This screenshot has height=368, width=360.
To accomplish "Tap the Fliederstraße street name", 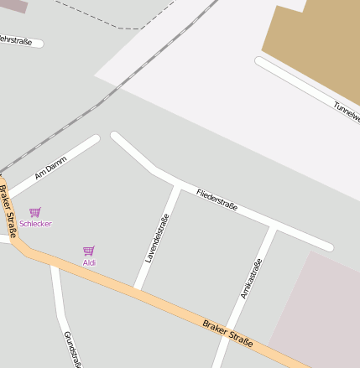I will pyautogui.click(x=217, y=200).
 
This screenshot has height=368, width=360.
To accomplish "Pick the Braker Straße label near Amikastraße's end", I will pyautogui.click(x=227, y=332).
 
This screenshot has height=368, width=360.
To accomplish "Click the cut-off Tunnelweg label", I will pyautogui.click(x=346, y=110).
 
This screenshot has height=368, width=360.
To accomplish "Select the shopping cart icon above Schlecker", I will pyautogui.click(x=34, y=212).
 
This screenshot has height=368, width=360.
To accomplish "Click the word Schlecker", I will pyautogui.click(x=35, y=224).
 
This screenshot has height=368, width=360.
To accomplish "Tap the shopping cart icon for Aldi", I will pyautogui.click(x=89, y=251).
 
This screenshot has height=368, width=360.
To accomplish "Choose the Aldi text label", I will pyautogui.click(x=89, y=262).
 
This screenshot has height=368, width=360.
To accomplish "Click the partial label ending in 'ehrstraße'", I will pyautogui.click(x=18, y=39).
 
